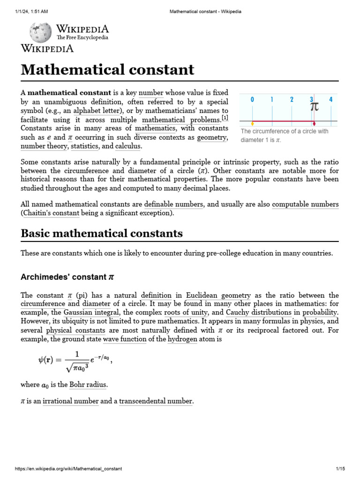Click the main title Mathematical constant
coord(107,69)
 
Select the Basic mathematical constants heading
coord(102,233)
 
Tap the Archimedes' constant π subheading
coord(67,277)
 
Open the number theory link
coord(44,146)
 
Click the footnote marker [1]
coord(225,117)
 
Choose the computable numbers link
coord(305,204)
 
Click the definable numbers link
coord(174,204)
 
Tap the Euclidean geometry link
coord(218,295)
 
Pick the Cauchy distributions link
coord(256,312)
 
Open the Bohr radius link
coord(88,384)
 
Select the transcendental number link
coord(156,401)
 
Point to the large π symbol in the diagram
coord(315,106)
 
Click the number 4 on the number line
coord(331,99)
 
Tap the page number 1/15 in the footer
coord(340,469)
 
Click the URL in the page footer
coord(68,469)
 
